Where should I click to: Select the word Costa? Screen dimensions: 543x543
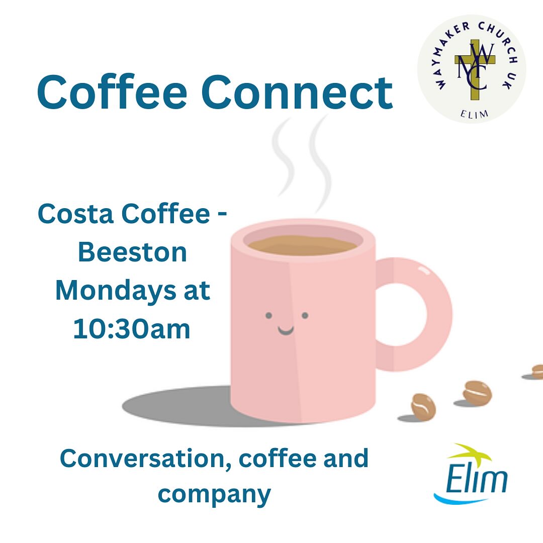(73, 214)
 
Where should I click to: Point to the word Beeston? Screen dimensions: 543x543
(133, 252)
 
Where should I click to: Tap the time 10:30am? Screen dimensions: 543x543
(132, 330)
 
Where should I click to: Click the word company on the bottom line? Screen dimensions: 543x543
(214, 494)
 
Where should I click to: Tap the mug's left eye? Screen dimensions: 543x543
(268, 316)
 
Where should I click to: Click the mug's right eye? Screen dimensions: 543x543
(305, 316)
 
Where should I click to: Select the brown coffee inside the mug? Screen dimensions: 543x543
(302, 245)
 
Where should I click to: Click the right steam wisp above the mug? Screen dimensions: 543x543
(319, 161)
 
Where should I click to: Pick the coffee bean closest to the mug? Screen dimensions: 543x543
(423, 406)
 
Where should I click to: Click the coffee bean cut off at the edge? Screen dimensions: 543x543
(537, 371)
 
